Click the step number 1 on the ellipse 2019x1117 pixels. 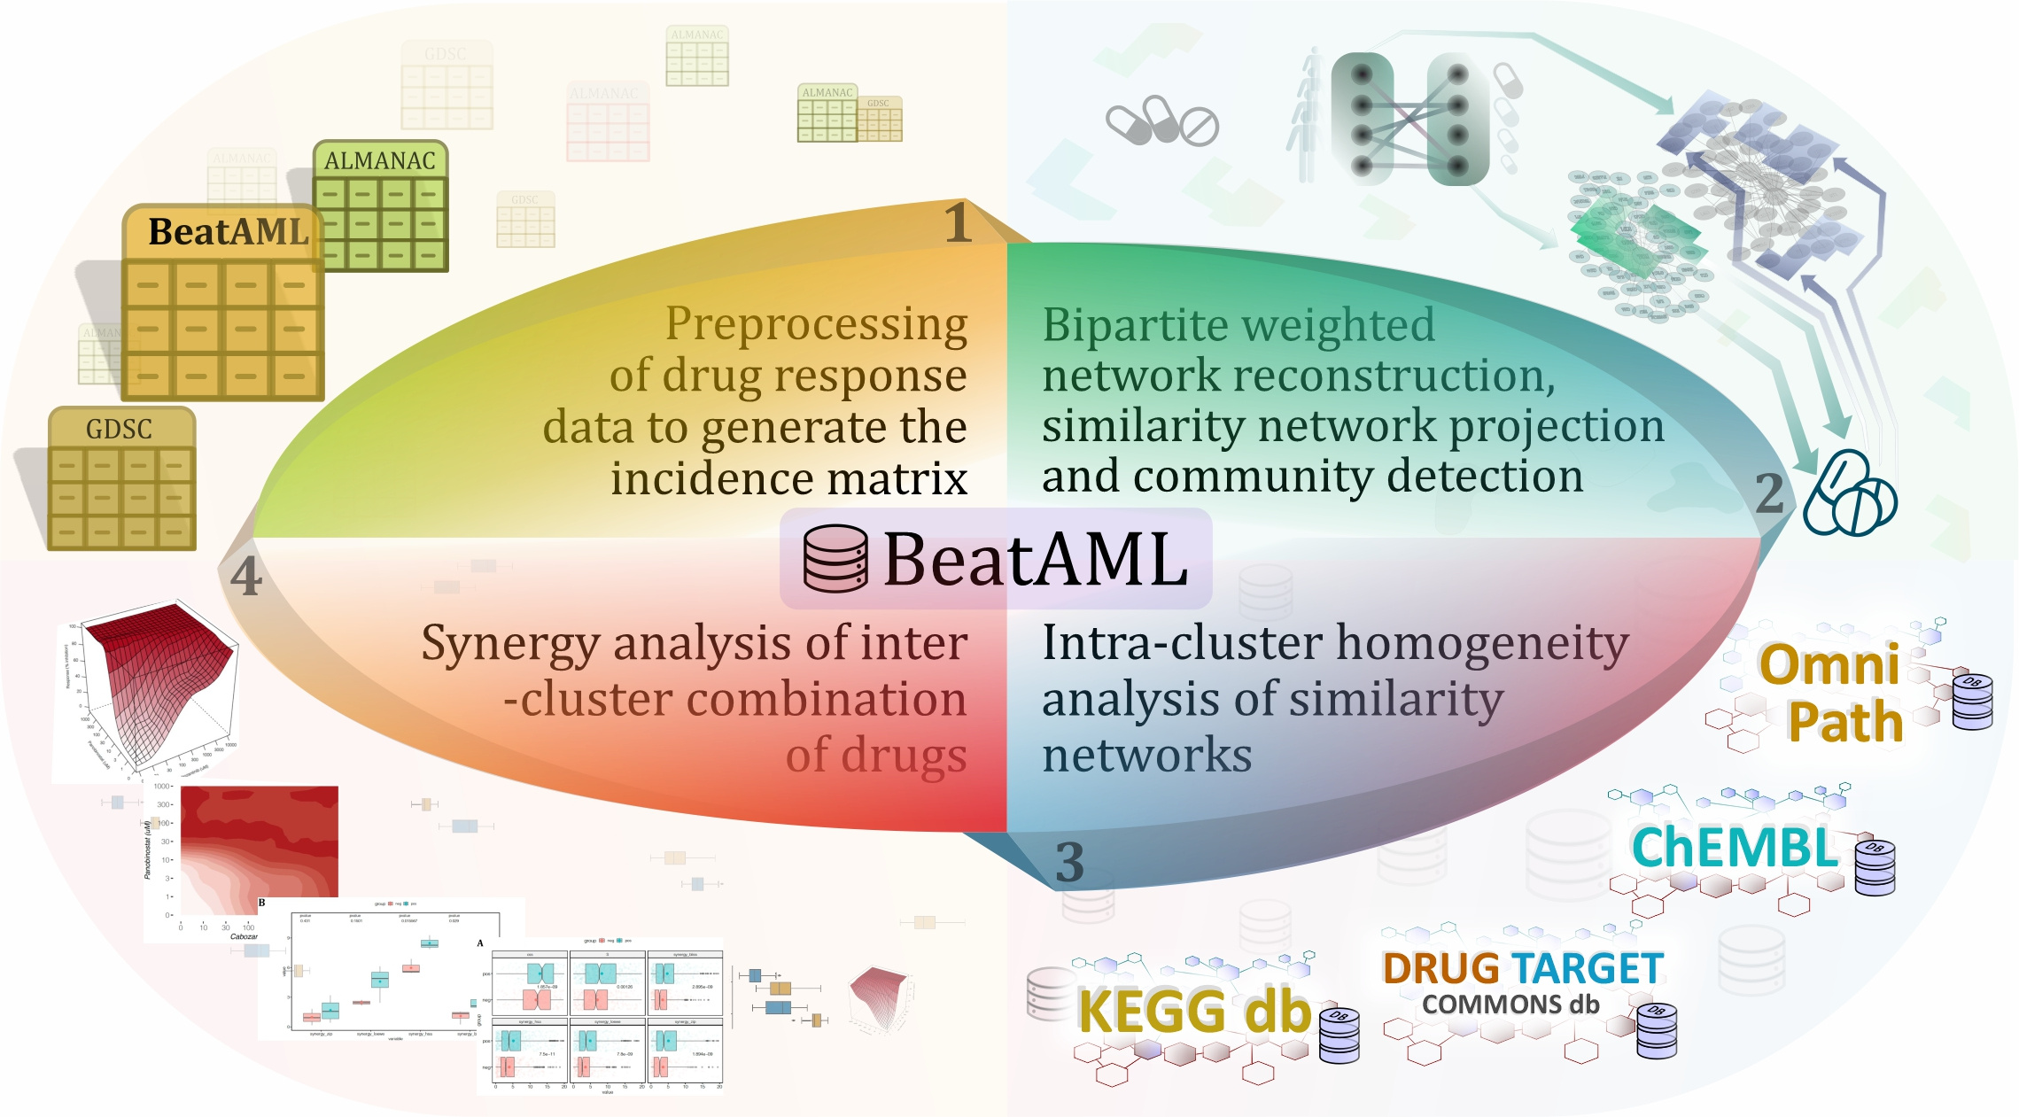[x=958, y=222]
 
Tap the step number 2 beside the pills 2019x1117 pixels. [x=1769, y=493]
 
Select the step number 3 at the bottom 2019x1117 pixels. [x=1069, y=862]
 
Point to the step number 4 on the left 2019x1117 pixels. [x=245, y=577]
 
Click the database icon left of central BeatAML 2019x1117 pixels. [x=835, y=558]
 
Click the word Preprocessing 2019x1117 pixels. [x=816, y=324]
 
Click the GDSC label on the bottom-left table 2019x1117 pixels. [x=119, y=430]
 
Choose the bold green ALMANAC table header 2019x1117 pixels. [x=379, y=160]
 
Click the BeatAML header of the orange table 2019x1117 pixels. [x=228, y=232]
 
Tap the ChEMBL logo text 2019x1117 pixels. [x=1735, y=848]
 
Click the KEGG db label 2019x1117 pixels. [x=1193, y=1011]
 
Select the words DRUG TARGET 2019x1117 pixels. [x=1522, y=968]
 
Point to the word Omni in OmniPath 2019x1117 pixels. [x=1829, y=664]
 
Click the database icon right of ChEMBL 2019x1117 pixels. [x=1875, y=865]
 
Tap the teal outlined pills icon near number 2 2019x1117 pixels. [x=1850, y=494]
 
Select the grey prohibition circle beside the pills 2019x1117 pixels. [x=1199, y=127]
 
